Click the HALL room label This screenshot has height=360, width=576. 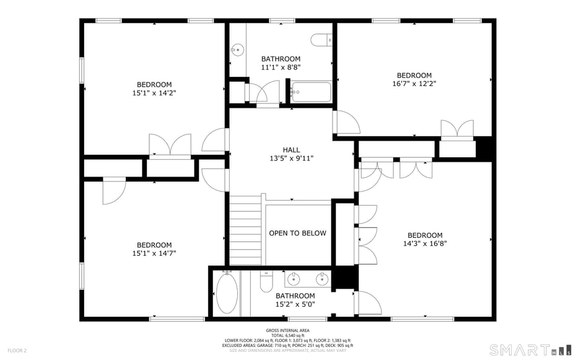click(x=291, y=150)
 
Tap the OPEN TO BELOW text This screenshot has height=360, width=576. click(x=297, y=233)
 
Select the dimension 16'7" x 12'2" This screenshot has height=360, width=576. click(x=414, y=84)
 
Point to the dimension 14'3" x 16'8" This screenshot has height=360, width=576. click(x=425, y=244)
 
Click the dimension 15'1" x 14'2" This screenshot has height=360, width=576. click(x=154, y=93)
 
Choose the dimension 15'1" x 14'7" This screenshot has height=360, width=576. click(x=154, y=253)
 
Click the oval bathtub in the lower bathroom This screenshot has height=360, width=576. click(x=227, y=293)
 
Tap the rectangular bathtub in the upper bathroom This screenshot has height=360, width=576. click(x=312, y=92)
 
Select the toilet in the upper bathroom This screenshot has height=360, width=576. click(x=321, y=40)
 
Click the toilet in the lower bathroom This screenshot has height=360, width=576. click(x=266, y=283)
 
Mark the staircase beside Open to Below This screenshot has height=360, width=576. click(x=246, y=230)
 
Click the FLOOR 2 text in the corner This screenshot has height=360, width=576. click(x=17, y=351)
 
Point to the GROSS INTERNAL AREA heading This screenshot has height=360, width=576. click(x=288, y=330)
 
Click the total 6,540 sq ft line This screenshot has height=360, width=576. click(x=288, y=335)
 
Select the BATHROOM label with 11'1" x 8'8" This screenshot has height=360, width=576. click(x=281, y=59)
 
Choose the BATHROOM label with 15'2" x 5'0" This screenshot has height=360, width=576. click(x=295, y=296)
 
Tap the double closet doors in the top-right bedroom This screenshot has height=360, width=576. click(x=457, y=131)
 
